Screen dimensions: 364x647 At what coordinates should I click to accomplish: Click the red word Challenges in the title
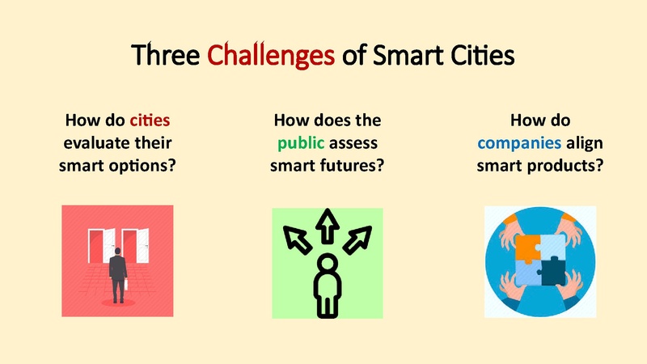(x=271, y=56)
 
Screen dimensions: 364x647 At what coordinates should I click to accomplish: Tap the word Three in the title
(x=167, y=56)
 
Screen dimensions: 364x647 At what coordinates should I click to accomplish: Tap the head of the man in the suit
(x=118, y=252)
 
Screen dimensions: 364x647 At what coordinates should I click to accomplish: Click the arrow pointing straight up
(x=327, y=226)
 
